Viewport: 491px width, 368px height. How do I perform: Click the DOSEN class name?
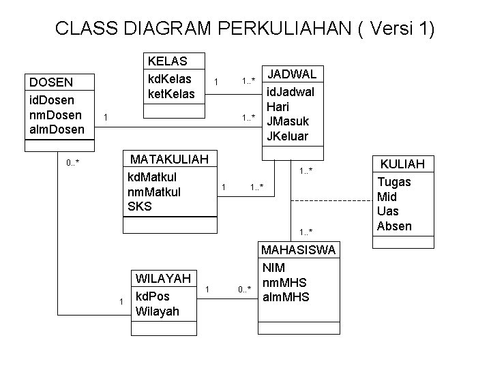coord(50,82)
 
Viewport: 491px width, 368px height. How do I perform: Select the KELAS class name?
coord(167,61)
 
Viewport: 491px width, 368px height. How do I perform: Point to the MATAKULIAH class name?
coord(169,159)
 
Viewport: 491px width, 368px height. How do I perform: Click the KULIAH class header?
coord(402,164)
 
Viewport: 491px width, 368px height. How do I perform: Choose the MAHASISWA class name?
coord(298,250)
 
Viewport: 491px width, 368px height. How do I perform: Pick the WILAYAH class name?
coord(163,278)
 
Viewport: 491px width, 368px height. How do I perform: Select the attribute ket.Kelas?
coord(171,93)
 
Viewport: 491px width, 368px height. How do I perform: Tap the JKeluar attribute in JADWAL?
coord(288,136)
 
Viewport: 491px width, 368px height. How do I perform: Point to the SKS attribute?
coord(139,206)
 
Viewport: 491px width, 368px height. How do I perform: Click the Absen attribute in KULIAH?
coord(394,226)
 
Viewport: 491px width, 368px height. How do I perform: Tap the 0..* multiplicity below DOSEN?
coord(73,164)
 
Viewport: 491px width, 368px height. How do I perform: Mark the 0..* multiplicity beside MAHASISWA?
coord(245,290)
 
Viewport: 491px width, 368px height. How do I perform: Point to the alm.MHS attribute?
coord(286,297)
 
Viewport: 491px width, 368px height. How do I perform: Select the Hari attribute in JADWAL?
coord(278,106)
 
